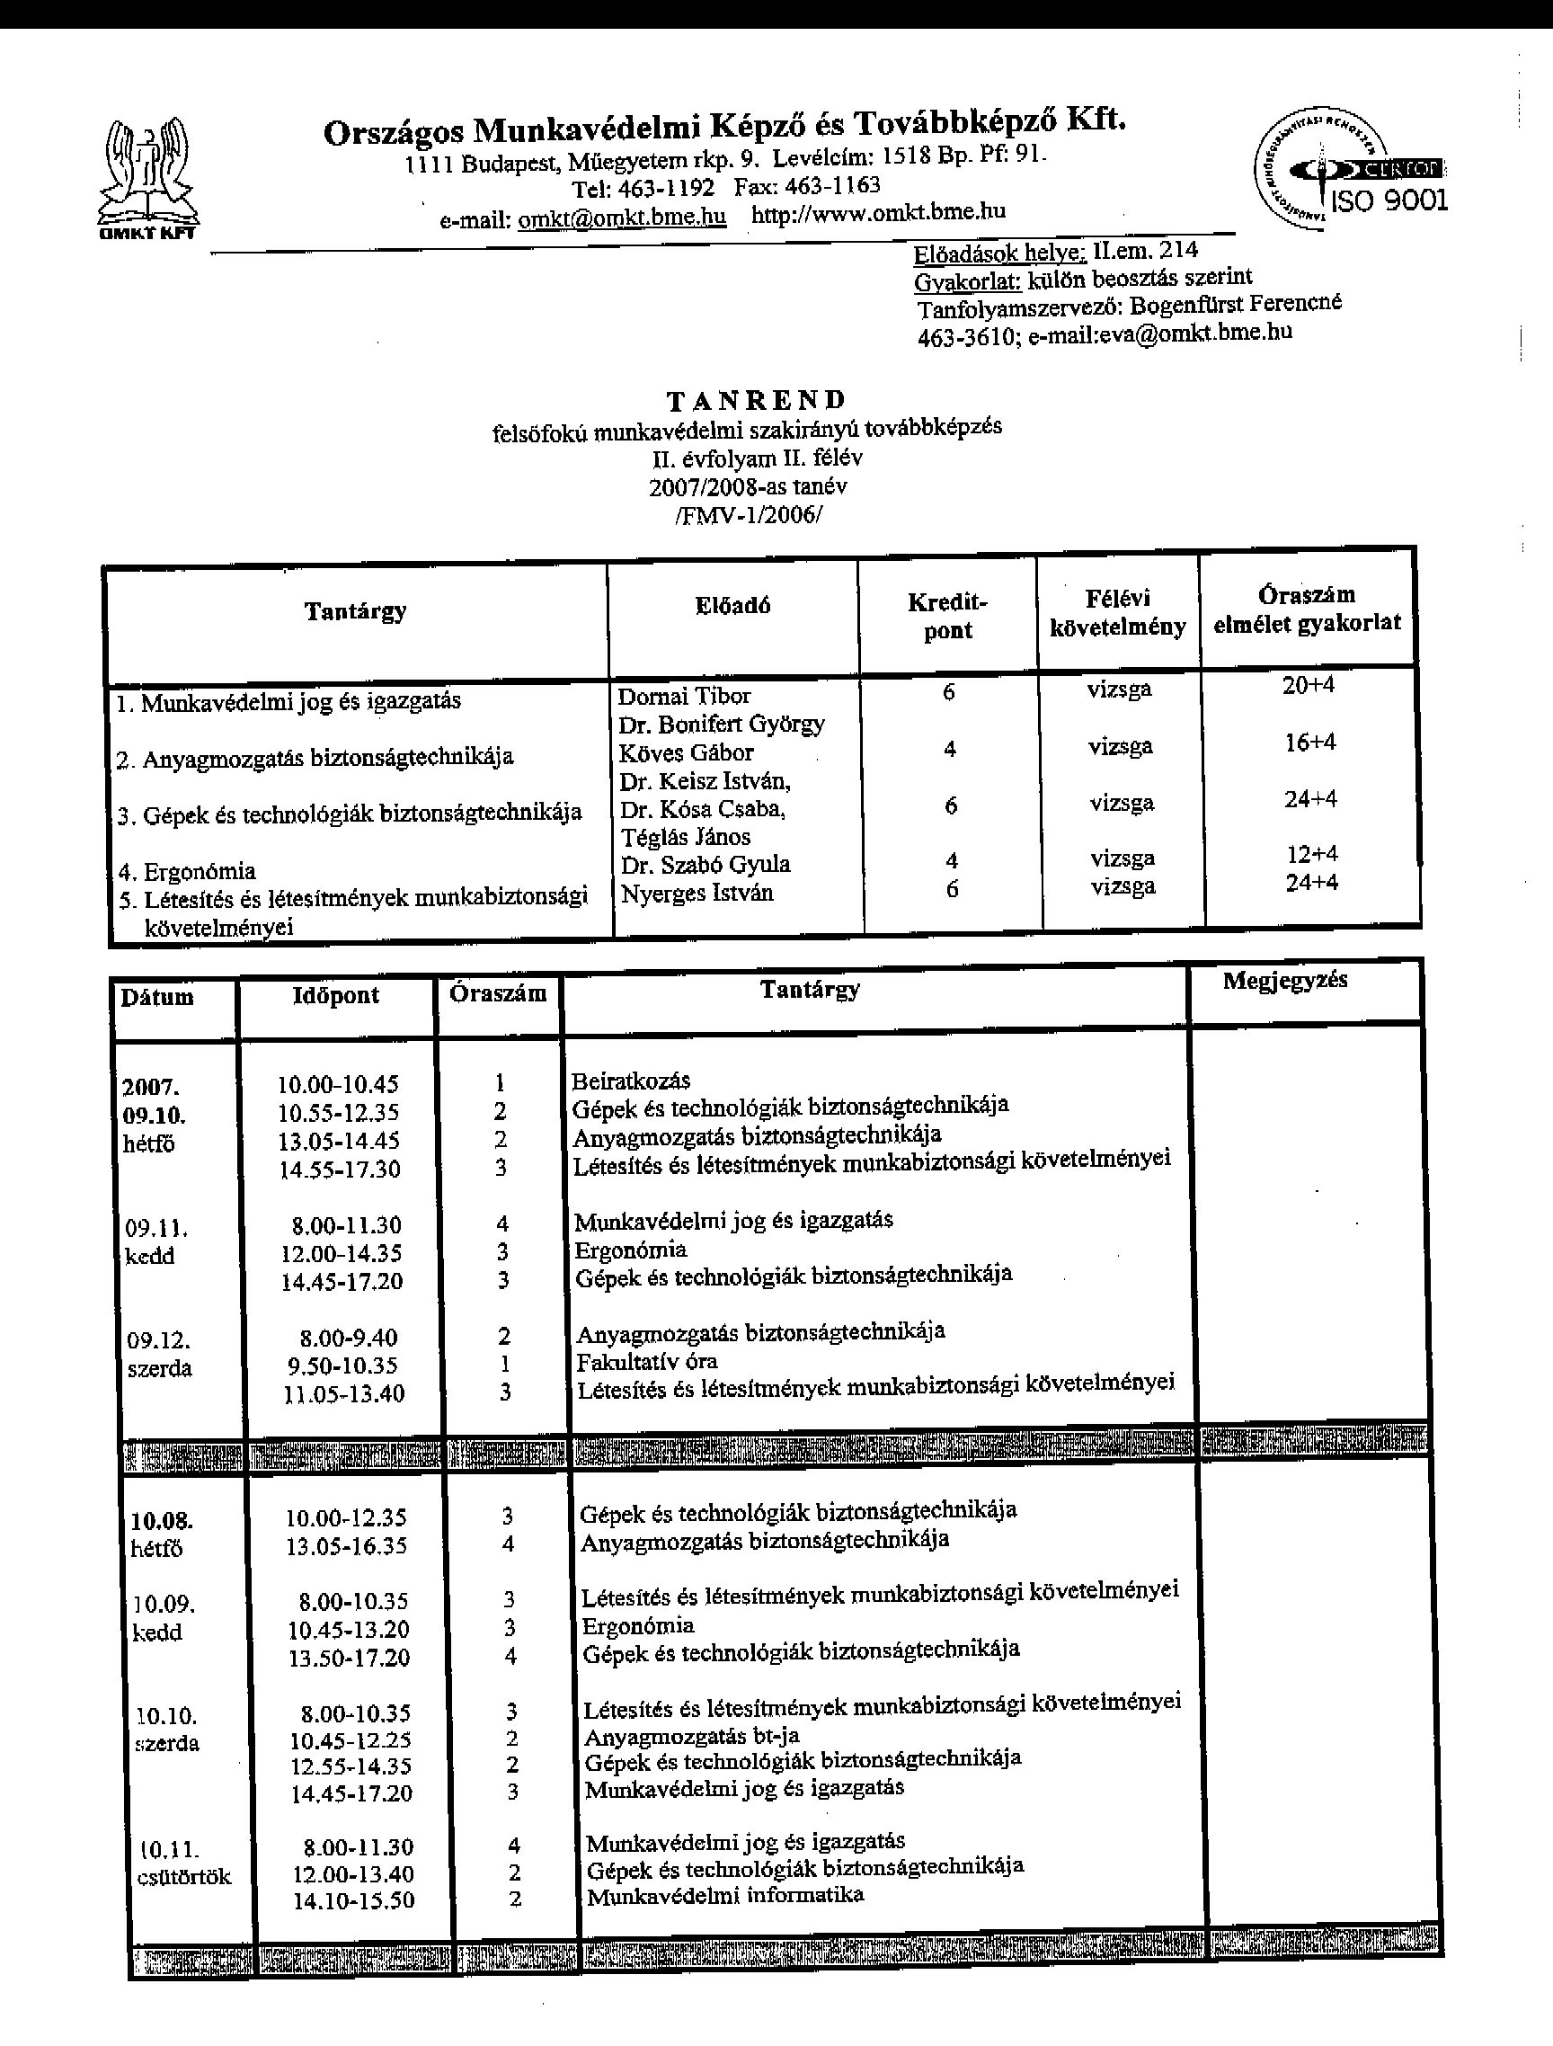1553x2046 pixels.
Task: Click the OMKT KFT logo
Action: tap(148, 180)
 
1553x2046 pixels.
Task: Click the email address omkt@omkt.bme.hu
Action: tap(622, 218)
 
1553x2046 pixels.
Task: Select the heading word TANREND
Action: tap(756, 401)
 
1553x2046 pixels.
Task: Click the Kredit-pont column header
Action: tap(947, 616)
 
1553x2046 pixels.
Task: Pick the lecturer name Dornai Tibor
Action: tap(684, 697)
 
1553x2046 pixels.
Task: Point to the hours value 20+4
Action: tap(1308, 685)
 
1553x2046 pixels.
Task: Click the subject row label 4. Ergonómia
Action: tap(187, 871)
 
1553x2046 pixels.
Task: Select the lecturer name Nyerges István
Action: tap(697, 894)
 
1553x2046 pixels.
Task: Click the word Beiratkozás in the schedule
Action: tap(631, 1081)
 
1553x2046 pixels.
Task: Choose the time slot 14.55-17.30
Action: tap(340, 1170)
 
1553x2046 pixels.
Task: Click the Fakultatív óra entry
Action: tap(646, 1362)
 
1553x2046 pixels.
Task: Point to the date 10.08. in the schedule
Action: tap(162, 1521)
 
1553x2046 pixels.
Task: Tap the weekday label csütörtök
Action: tap(184, 1877)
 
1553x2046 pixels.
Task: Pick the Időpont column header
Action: tap(336, 995)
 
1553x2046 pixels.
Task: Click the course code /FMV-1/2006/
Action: tap(749, 514)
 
